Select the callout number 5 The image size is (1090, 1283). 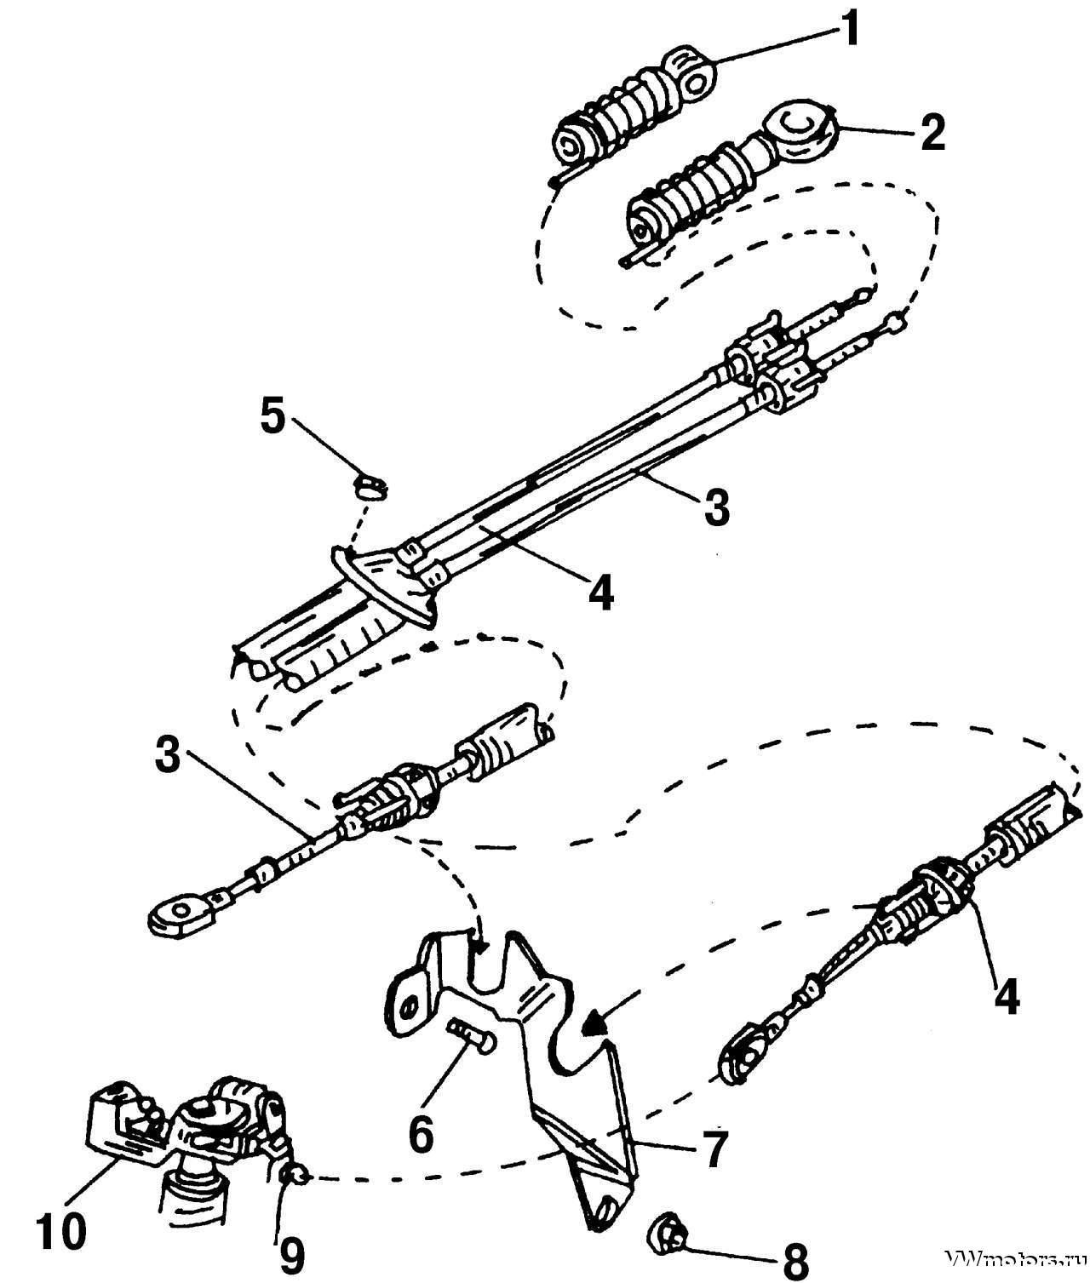272,418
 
